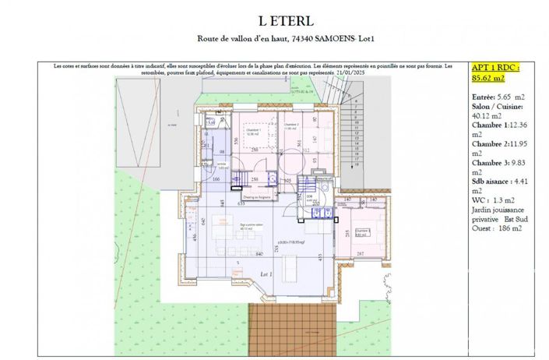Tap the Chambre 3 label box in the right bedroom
tap(361, 231)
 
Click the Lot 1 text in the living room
tap(266, 275)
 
